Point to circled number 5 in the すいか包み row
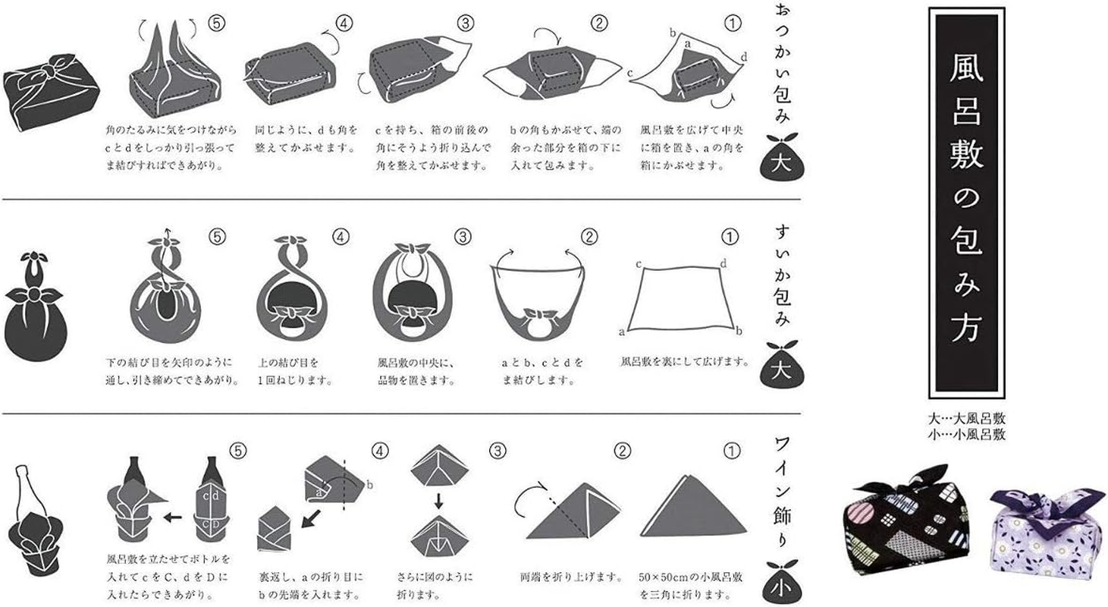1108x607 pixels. coord(217,237)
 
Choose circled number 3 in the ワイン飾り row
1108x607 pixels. coord(497,451)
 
